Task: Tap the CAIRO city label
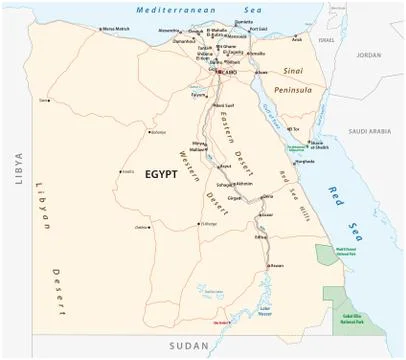coord(229,72)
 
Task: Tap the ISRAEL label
coord(327,41)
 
